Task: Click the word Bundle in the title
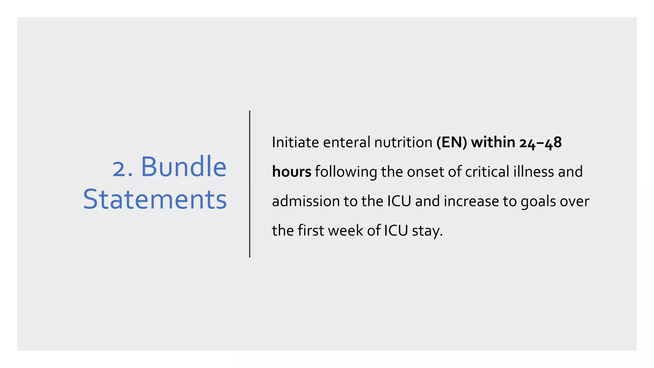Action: (x=184, y=167)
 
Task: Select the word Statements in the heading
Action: (x=155, y=200)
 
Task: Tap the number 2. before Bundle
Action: (x=123, y=168)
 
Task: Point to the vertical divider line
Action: (x=250, y=184)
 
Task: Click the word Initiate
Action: (x=295, y=142)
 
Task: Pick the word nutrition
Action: (x=403, y=142)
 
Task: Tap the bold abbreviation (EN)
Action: (x=452, y=142)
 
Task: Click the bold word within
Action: (x=493, y=142)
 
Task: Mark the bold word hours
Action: (x=291, y=172)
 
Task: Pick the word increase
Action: (x=471, y=201)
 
